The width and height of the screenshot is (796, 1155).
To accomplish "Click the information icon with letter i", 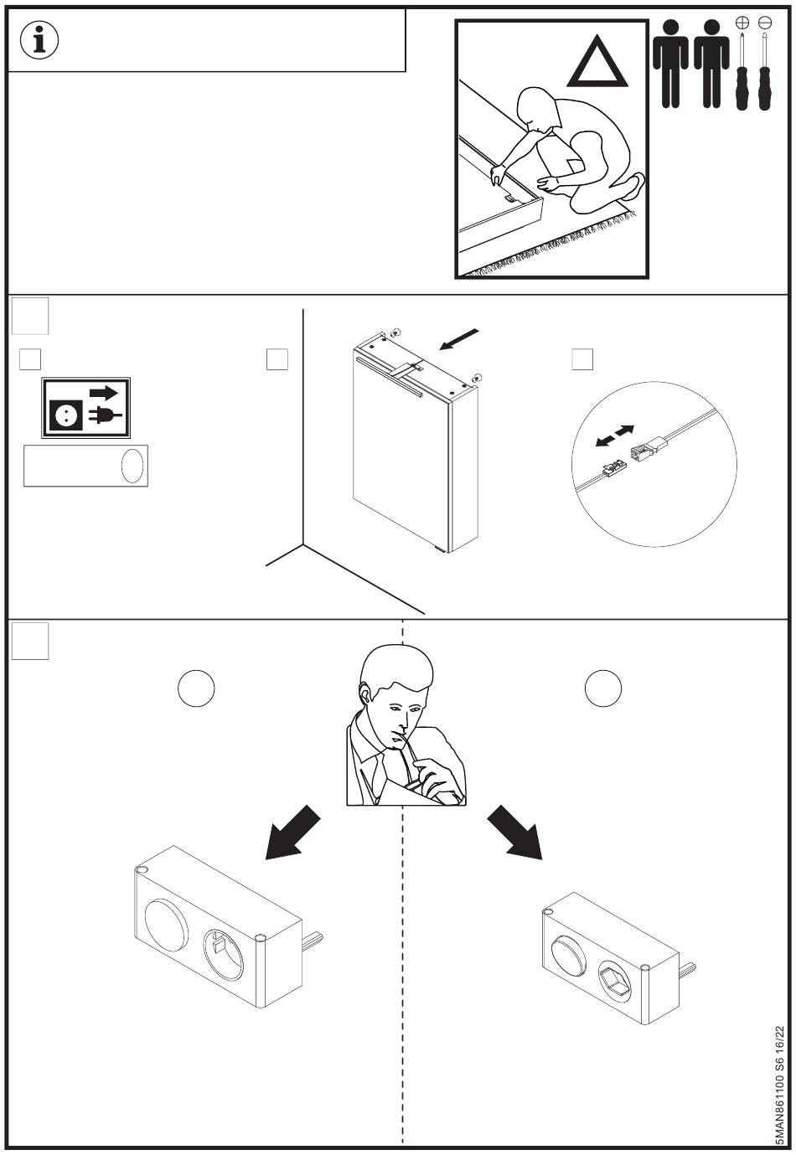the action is coord(39,39).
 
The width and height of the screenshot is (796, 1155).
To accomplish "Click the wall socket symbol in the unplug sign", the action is coord(66,415).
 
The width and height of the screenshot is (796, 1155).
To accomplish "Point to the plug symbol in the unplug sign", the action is coord(105,415).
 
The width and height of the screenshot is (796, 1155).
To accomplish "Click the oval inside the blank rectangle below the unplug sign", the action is coord(132,466).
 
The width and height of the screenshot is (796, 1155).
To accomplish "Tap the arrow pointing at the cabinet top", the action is coord(458,339).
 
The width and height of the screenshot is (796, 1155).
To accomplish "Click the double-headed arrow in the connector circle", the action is coord(614,436).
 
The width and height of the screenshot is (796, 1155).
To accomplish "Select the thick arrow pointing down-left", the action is coord(292,832).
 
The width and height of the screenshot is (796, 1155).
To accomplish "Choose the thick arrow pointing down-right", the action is coord(514,832).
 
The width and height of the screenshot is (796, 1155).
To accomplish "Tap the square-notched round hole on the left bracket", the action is coord(224,956).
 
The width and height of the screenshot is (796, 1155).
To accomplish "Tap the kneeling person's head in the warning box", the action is coord(539,109).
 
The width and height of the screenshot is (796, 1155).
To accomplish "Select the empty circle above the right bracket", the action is coord(603,688).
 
